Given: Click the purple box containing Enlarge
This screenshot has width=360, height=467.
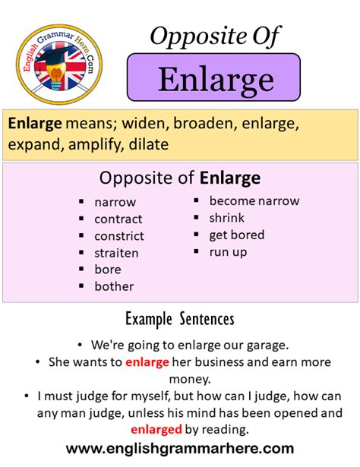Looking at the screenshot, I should (213, 77).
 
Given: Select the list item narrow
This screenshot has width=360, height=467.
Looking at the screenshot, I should (115, 203).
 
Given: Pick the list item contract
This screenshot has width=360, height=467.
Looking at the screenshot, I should (118, 219).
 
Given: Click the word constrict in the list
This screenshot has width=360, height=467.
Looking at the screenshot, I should (119, 236).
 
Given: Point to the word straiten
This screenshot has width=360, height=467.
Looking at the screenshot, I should (117, 253).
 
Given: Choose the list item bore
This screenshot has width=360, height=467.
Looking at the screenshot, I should (107, 270).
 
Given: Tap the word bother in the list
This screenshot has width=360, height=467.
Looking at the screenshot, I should (114, 286).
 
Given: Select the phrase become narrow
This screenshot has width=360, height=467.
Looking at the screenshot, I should (254, 201).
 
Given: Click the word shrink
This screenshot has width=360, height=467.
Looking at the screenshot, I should (227, 218).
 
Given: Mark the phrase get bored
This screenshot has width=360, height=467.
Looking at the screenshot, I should (236, 235).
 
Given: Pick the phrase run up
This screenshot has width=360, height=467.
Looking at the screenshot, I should (229, 251).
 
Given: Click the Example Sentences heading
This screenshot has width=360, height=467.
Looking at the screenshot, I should (180, 318).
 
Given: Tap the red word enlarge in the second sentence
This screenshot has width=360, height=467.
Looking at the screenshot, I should (147, 362).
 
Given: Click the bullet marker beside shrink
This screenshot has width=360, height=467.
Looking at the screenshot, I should (195, 218).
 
